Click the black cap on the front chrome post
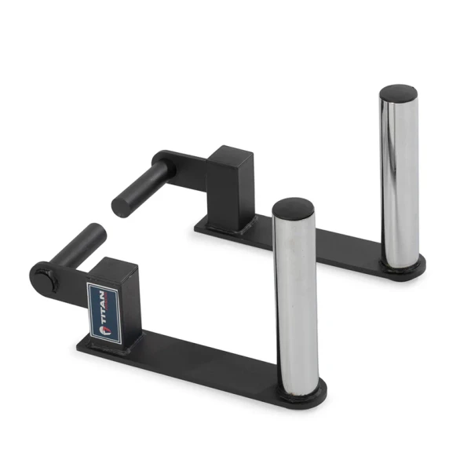[294, 207]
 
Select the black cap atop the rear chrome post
[399, 93]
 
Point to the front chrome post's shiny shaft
[294, 298]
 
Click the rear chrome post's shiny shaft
[399, 173]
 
